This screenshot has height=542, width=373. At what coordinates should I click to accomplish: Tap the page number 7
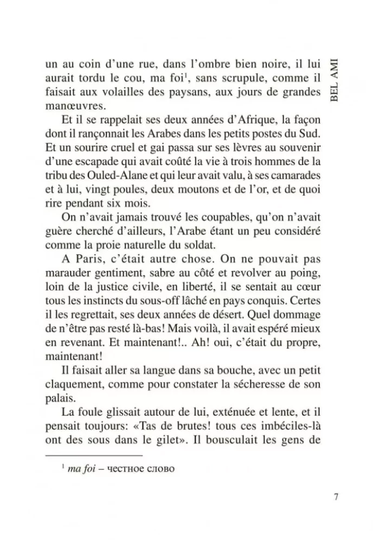336,498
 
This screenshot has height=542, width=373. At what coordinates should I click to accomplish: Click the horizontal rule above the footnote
93,456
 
